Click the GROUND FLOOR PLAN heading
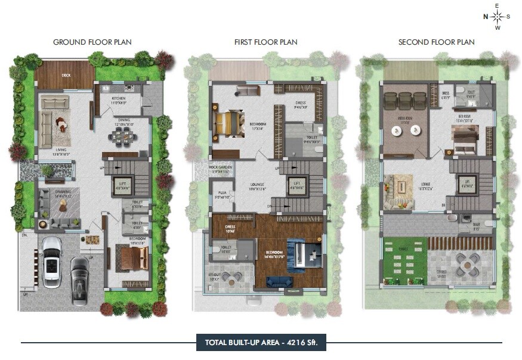pos(92,42)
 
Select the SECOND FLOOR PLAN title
pos(436,42)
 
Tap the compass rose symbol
pos(497,17)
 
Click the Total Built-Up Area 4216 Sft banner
pos(261,342)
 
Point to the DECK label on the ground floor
pos(66,76)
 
